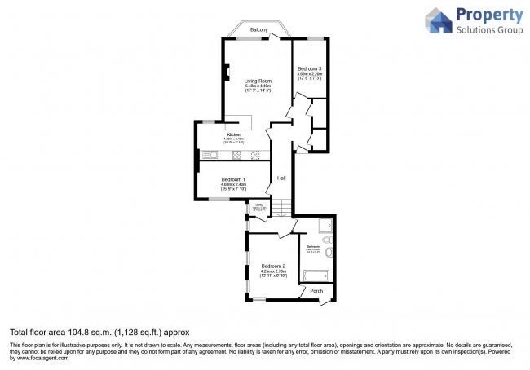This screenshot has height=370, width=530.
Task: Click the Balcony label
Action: (259, 29)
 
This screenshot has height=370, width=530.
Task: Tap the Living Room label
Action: (258, 81)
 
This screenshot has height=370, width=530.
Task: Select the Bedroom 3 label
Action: (309, 68)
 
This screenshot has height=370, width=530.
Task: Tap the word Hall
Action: (281, 178)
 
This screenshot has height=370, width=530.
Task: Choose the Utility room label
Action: (258, 205)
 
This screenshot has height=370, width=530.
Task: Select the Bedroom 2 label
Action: (273, 266)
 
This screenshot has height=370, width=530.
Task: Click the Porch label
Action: (316, 290)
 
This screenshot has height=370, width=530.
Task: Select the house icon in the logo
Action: (439, 21)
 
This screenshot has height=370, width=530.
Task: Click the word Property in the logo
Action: (489, 15)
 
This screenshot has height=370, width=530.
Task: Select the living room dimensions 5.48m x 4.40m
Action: (258, 87)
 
